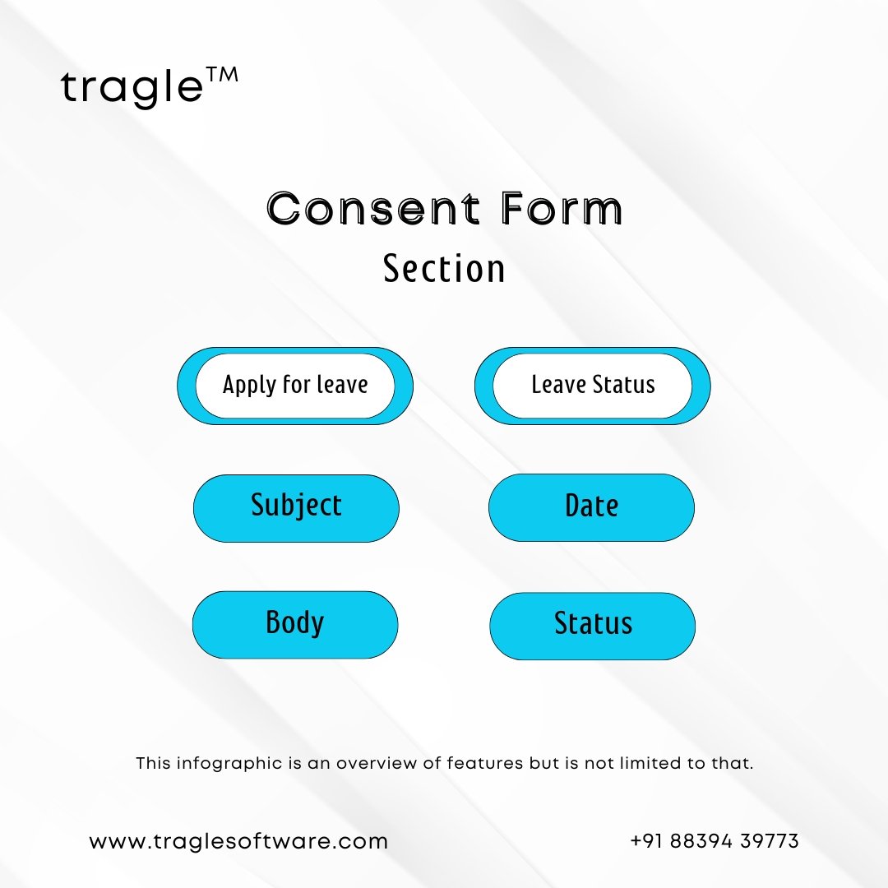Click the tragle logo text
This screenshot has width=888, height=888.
click(132, 88)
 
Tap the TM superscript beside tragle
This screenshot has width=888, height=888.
click(222, 76)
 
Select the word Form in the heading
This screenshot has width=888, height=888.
click(562, 208)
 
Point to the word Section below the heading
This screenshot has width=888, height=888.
click(444, 268)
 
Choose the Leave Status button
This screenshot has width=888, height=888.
click(592, 386)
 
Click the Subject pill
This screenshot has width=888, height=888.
click(296, 508)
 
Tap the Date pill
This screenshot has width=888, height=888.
click(591, 507)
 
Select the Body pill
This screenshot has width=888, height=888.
click(295, 625)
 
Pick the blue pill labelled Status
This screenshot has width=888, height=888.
click(592, 626)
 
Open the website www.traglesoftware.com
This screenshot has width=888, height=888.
click(238, 842)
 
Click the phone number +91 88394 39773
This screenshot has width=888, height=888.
click(715, 841)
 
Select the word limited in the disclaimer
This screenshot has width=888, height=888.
click(650, 763)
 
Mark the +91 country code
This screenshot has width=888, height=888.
click(646, 841)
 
